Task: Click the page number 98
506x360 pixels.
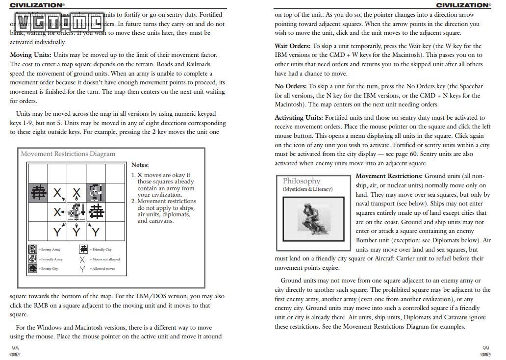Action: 15,348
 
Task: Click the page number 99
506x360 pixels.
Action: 485,348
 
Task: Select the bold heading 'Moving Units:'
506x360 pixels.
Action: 30,55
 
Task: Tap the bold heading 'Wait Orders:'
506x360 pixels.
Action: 292,46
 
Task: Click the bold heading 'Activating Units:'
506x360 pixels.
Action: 299,118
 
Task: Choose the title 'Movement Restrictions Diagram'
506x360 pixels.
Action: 68,154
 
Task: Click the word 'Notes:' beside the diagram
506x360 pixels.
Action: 140,165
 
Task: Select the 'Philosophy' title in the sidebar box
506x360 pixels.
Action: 302,181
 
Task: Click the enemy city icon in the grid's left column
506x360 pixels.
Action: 38,193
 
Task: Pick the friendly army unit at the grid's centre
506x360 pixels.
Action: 76,212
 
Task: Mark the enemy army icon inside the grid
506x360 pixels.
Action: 96,192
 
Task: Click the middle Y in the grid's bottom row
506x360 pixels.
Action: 76,231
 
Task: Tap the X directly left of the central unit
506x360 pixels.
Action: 57,212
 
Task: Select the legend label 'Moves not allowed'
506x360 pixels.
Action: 104,259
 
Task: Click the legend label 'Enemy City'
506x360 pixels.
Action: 50,269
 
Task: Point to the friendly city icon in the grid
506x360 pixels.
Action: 96,212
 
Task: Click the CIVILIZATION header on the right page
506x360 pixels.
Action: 463,5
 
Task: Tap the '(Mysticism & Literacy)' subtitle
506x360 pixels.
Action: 307,189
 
